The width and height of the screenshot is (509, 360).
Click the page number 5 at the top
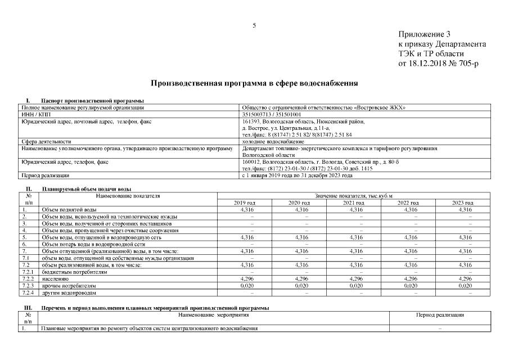[x=254, y=25]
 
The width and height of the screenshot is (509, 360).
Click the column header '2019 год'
[x=245, y=202]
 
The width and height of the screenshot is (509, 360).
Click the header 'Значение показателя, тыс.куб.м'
[x=354, y=196]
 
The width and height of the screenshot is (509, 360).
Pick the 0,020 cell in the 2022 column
[x=408, y=286]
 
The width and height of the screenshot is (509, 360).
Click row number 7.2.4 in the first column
[x=28, y=293]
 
